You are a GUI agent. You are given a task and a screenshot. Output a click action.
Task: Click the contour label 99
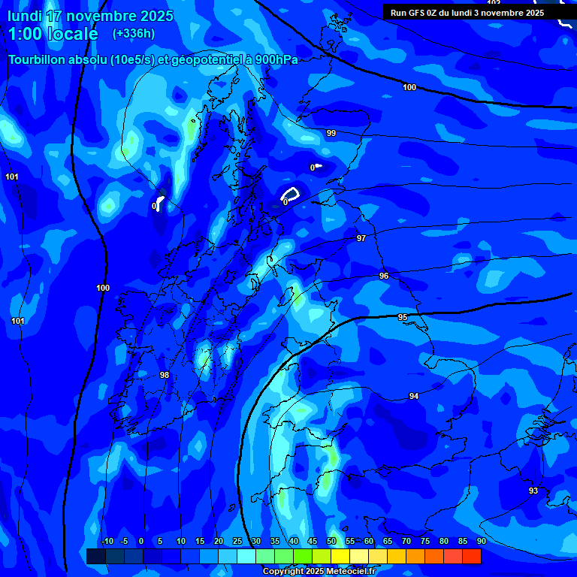(x=331, y=133)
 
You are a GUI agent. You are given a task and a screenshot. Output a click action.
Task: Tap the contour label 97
(x=361, y=238)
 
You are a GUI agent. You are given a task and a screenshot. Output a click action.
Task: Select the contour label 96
(x=384, y=276)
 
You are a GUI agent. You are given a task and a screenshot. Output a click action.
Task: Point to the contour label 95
(x=403, y=318)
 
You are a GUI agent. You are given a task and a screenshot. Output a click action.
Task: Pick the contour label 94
(x=414, y=396)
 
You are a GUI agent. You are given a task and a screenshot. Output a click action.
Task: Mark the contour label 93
(x=533, y=491)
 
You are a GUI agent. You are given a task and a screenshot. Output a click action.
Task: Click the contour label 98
(x=165, y=375)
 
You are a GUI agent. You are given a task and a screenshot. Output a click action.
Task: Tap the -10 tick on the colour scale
(x=107, y=541)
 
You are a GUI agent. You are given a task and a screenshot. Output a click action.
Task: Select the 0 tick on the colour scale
(x=141, y=541)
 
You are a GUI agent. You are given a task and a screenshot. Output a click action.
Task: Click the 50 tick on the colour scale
(x=331, y=541)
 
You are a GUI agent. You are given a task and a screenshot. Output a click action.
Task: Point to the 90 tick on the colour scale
(x=481, y=541)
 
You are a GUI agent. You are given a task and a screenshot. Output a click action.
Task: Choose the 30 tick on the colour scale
(x=256, y=541)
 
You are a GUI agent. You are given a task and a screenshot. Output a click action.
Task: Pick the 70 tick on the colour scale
(x=406, y=541)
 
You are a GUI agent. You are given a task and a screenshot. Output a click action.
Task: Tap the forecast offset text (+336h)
(x=134, y=33)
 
